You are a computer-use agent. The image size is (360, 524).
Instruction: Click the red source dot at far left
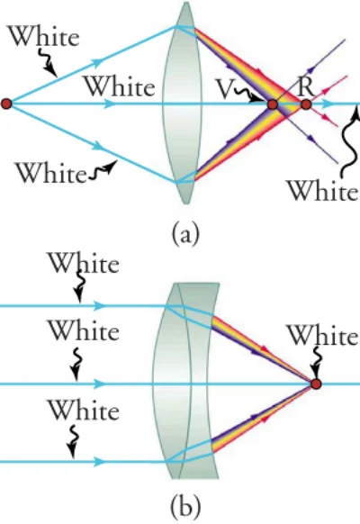(6, 104)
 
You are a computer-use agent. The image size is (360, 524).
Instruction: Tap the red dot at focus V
(273, 104)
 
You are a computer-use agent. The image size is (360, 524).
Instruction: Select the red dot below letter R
(306, 105)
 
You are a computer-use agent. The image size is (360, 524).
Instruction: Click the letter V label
(225, 88)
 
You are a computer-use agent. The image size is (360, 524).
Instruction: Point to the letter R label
(306, 87)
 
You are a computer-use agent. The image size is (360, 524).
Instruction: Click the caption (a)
(185, 233)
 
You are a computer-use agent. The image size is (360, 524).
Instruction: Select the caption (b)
(185, 506)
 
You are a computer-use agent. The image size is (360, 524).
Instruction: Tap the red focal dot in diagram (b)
(316, 384)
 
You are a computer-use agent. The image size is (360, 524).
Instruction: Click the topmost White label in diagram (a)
(44, 35)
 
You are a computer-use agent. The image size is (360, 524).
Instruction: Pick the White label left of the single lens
(121, 86)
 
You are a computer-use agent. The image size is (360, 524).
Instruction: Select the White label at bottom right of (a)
(322, 191)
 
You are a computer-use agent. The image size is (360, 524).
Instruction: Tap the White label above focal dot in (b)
(322, 335)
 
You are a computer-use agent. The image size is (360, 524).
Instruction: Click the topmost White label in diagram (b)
(85, 262)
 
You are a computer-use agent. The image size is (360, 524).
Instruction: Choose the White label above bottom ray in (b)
(85, 410)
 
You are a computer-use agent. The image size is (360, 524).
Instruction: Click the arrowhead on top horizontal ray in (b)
(99, 305)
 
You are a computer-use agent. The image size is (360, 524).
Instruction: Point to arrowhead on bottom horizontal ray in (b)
(99, 462)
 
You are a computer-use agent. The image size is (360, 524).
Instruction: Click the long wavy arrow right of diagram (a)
(349, 140)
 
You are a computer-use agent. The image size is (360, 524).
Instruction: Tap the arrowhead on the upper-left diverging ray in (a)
(98, 61)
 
